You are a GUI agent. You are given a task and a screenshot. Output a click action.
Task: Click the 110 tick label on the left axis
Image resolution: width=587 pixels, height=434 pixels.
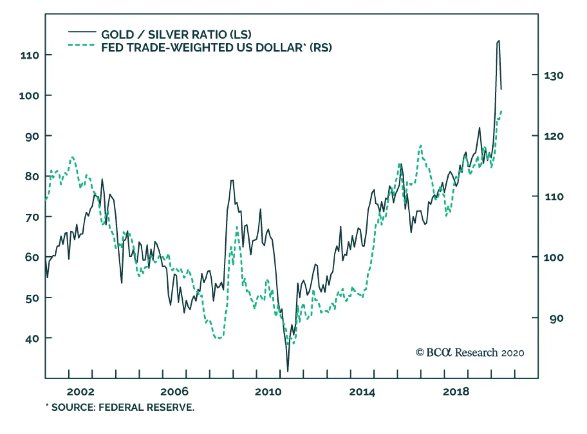[x=30, y=55]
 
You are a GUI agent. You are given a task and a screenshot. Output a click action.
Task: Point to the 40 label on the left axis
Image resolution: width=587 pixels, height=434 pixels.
[x=32, y=339]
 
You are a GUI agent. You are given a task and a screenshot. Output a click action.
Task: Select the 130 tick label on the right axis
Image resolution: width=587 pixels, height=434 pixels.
[x=554, y=76]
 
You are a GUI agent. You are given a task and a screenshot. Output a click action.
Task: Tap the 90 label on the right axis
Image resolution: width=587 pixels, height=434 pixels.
[x=556, y=318]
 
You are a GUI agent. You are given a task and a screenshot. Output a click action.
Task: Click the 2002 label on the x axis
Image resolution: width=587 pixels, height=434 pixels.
[x=80, y=392]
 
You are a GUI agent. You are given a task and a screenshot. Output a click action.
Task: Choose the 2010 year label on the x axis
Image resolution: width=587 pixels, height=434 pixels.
[x=268, y=392]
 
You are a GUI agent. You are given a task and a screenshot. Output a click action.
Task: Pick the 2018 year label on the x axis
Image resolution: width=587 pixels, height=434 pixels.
[x=456, y=392]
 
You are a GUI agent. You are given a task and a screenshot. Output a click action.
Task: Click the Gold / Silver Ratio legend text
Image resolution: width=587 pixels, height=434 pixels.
[x=176, y=35]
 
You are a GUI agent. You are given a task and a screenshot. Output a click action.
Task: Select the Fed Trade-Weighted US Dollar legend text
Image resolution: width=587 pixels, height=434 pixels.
[x=216, y=48]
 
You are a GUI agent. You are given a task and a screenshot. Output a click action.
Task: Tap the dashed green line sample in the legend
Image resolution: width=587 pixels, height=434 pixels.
[x=81, y=45]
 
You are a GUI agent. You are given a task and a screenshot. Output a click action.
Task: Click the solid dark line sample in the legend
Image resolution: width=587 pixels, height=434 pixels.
[x=82, y=32]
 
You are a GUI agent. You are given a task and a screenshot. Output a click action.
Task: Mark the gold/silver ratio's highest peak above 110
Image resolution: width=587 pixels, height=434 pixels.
[x=498, y=41]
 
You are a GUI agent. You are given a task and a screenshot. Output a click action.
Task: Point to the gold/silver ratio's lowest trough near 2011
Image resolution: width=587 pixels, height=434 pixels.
[x=288, y=371]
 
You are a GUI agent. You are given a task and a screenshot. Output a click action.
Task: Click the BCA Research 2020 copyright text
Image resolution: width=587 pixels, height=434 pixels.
[x=470, y=353]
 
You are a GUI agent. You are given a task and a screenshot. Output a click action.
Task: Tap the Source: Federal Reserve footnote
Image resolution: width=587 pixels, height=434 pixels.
[x=120, y=408]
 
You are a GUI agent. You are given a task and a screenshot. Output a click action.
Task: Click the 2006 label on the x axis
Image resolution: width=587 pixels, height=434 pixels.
[x=174, y=392]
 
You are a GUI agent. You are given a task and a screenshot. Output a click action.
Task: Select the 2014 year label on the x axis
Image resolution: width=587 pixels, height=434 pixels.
[x=362, y=392]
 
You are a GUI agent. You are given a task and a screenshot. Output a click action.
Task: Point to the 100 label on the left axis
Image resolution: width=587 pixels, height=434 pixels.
[x=29, y=96]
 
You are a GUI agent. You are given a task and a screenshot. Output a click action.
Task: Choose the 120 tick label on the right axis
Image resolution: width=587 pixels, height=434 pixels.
[x=554, y=136]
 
